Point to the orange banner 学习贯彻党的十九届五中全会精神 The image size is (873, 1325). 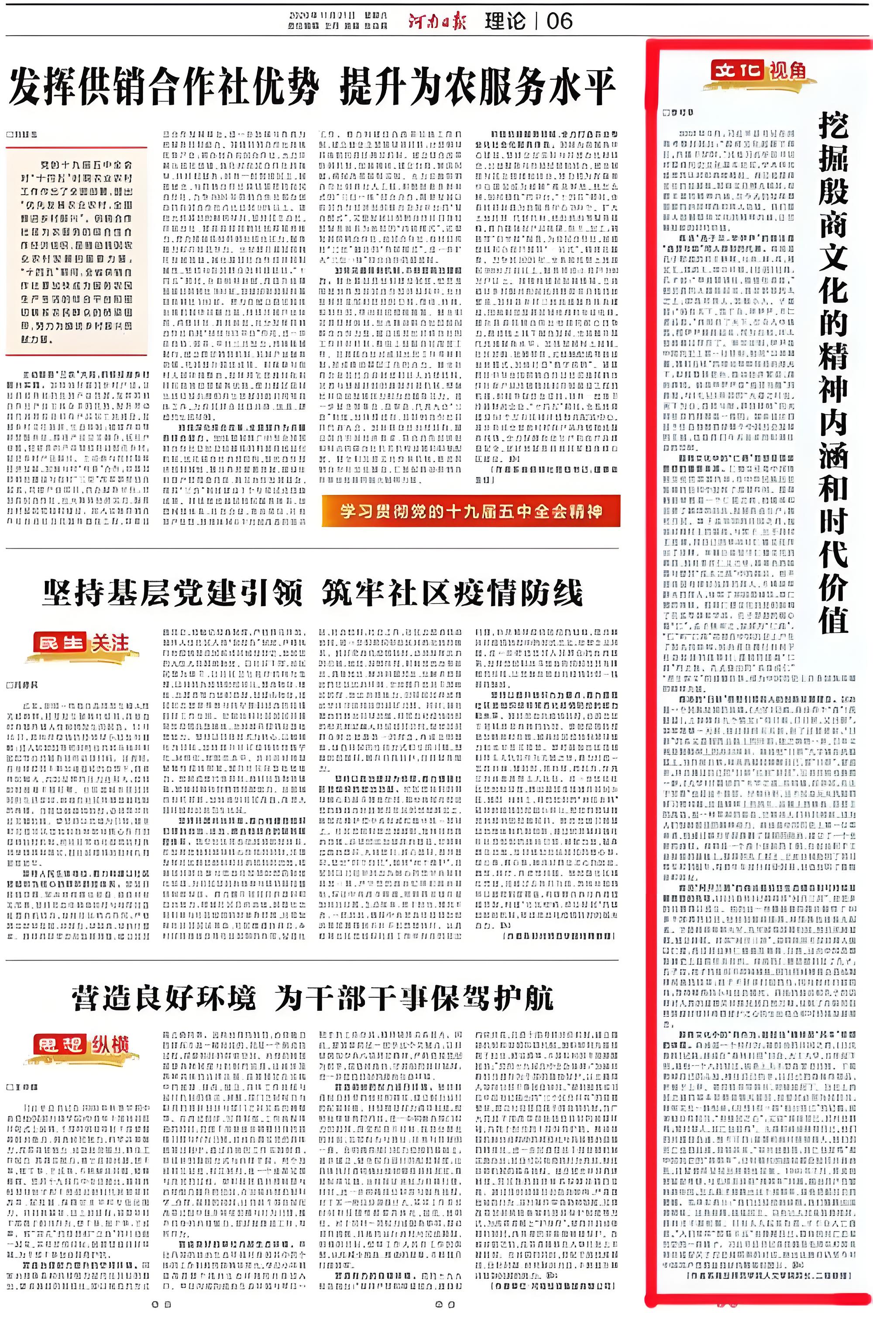[471, 511]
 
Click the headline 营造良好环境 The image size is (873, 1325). [164, 998]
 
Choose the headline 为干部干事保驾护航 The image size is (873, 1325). [414, 998]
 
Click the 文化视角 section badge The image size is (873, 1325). [758, 71]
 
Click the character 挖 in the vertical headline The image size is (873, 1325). [833, 126]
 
